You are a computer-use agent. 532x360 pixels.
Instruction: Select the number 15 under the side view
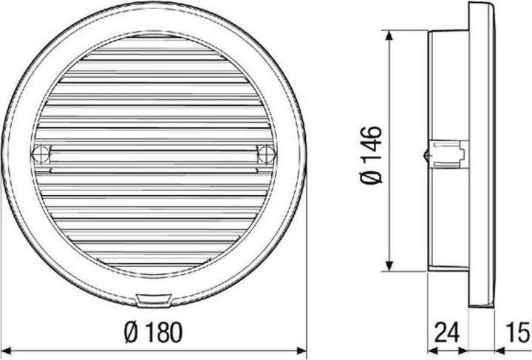516,330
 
